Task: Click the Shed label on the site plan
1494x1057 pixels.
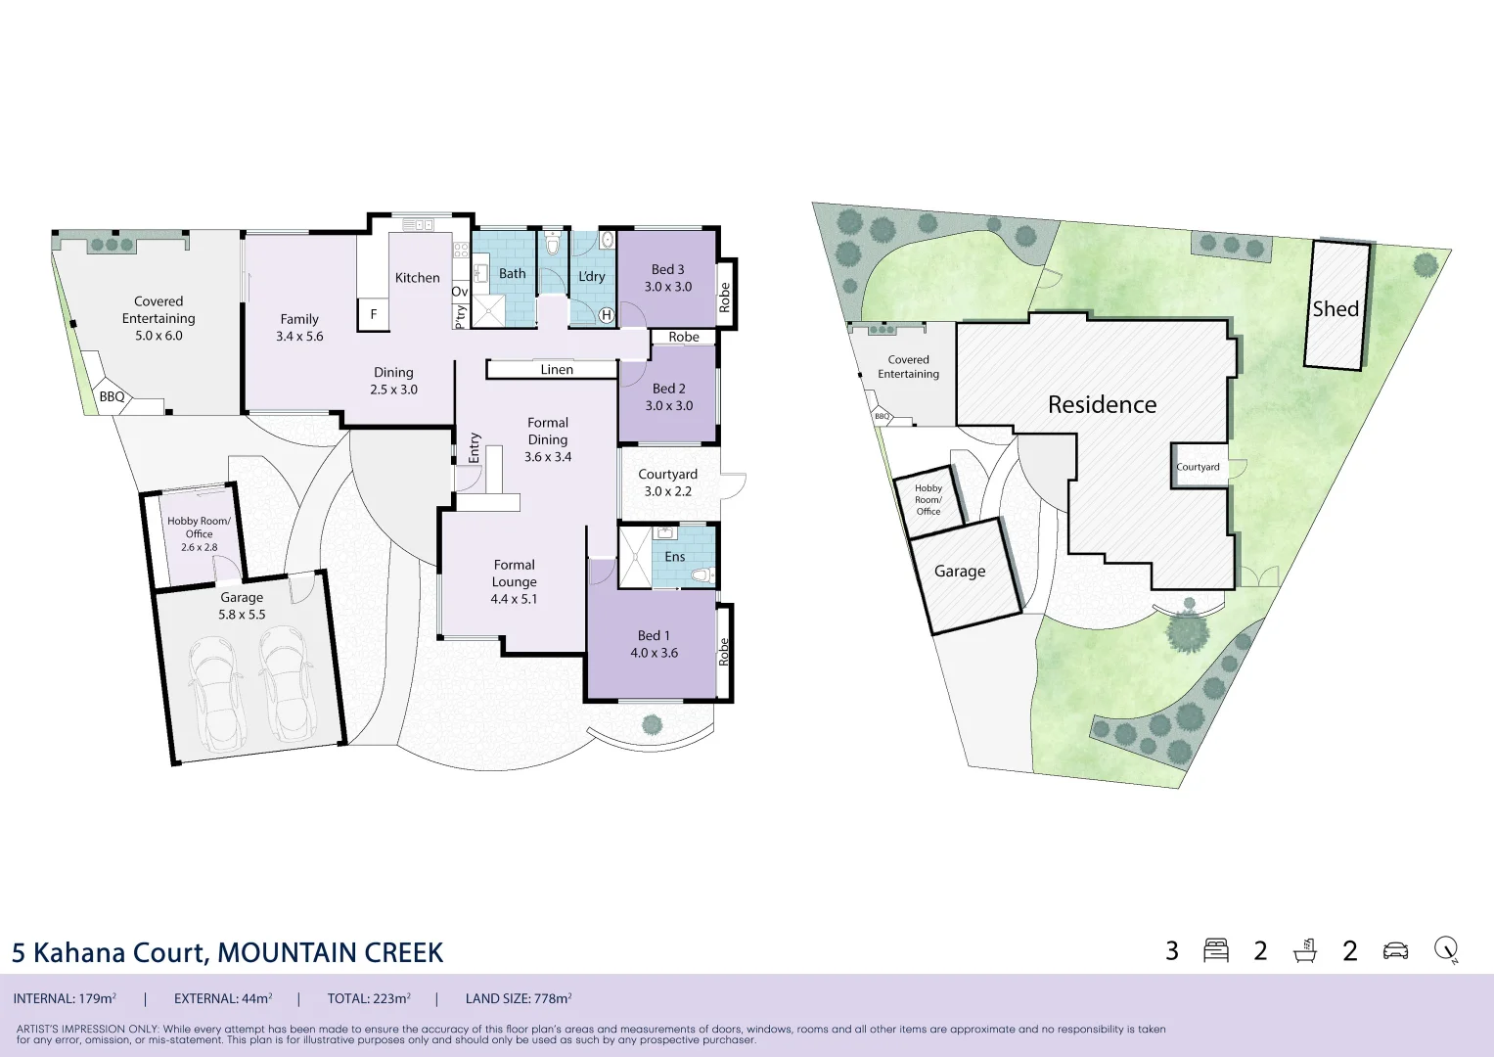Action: tap(1336, 309)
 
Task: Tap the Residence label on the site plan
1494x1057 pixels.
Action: tap(1102, 404)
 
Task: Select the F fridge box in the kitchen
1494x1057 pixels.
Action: tap(374, 314)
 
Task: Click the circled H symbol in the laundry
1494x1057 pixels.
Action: tap(607, 315)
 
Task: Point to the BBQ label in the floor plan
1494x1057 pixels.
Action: tap(113, 396)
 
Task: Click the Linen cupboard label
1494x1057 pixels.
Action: tap(557, 370)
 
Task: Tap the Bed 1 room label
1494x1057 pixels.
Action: tap(655, 644)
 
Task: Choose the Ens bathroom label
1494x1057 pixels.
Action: tap(675, 557)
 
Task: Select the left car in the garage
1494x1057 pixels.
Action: tap(214, 693)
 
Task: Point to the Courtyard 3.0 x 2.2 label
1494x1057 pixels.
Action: tap(667, 483)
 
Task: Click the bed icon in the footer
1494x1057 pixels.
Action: tap(1216, 950)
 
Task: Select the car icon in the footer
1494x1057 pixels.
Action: tap(1396, 951)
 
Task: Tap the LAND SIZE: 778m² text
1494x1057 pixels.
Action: tap(519, 998)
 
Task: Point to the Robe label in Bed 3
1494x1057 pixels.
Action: tap(725, 298)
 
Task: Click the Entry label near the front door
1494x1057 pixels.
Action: tap(475, 448)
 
